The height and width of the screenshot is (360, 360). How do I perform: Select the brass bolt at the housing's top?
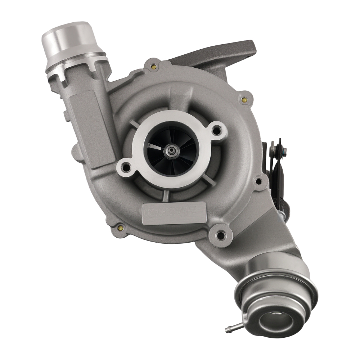[154, 66]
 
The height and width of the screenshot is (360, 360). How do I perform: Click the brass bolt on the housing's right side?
[245, 99]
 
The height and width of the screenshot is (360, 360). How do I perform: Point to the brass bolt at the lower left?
[120, 228]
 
